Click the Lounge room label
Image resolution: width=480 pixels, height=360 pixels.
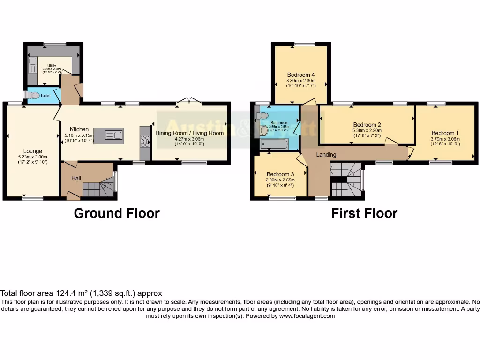coord(33,151)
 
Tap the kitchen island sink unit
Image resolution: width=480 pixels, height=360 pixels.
coord(108,135)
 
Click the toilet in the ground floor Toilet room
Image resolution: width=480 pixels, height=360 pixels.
coord(34,95)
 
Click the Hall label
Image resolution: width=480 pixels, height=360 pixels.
coord(76,178)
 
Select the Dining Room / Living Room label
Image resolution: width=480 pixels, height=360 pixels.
coord(190,133)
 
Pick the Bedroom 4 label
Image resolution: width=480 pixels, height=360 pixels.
coord(300,75)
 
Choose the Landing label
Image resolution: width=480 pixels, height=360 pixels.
coord(326,154)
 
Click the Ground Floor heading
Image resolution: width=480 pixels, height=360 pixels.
coord(117,213)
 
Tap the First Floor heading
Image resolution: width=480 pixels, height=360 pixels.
coord(364,213)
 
